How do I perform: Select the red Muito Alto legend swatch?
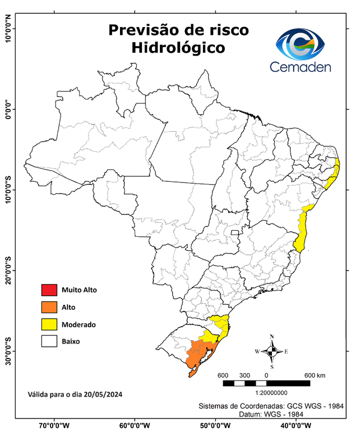pos(48,290)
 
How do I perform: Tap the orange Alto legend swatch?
pos(48,307)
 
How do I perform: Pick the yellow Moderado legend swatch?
pos(48,324)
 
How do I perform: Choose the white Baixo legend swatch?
pos(48,341)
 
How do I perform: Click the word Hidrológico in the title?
pos(178,48)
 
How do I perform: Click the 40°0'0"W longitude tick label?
pos(295,425)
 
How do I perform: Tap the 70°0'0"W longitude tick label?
pos(54,425)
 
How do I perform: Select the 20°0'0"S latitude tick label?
pos(7,270)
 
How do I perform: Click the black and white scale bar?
pos(266,383)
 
